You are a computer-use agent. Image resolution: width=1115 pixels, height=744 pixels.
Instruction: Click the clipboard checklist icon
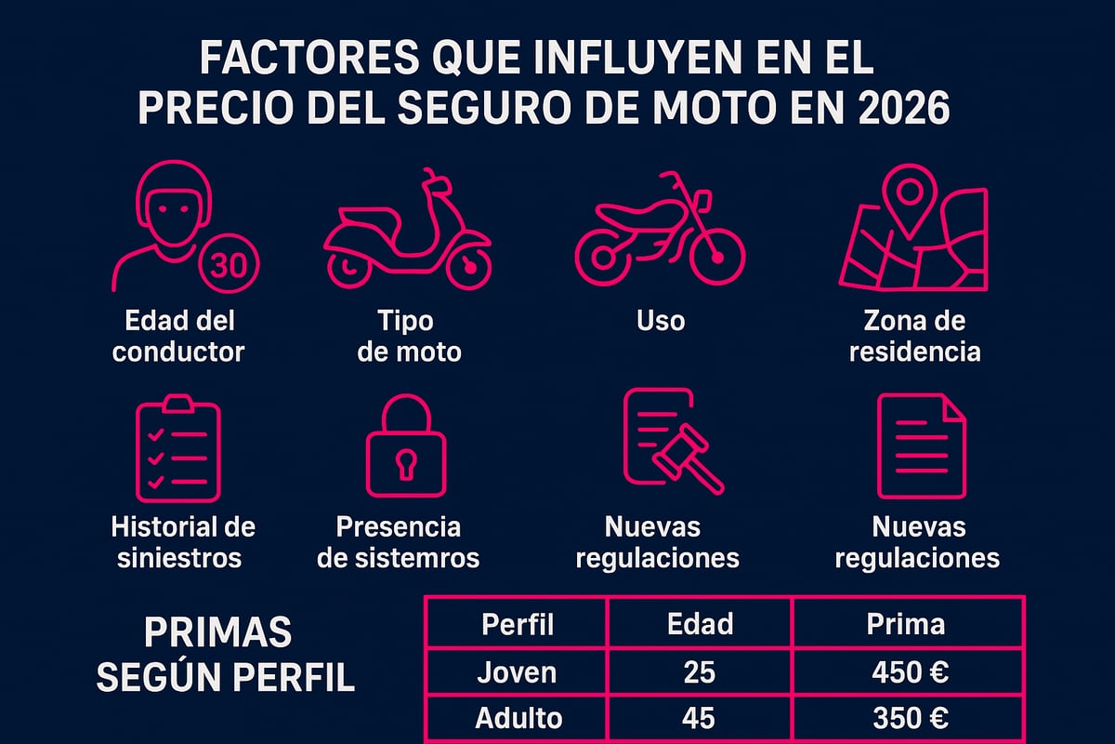pos(177,450)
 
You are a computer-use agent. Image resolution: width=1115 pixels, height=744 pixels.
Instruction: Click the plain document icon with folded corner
pos(922,445)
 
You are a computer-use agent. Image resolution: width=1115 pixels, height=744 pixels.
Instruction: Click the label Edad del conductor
pos(179,337)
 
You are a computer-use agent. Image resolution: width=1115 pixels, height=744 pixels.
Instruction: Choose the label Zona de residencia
pos(914,337)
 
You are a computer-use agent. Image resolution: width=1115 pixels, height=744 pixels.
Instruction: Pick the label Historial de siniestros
pos(183,542)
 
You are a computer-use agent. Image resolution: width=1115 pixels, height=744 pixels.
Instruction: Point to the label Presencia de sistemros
pos(399,542)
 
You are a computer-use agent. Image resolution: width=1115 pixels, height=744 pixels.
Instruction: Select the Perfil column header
pos(518,624)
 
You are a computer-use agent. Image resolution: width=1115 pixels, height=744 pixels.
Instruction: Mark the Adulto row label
pos(518,719)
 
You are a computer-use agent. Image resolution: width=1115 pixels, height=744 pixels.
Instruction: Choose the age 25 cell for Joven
pos(699,672)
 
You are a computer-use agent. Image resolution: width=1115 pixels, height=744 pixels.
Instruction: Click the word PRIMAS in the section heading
pos(218,634)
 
